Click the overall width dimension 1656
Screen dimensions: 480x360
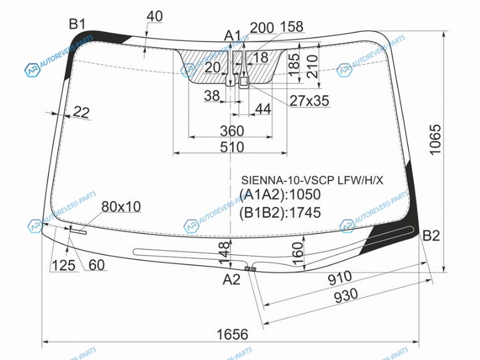point(232,334)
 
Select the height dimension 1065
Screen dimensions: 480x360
point(434,140)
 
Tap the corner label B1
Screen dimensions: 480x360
point(77,24)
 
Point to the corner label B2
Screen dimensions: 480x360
point(431,235)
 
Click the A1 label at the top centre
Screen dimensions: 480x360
point(233,36)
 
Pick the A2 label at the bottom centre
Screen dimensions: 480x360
point(232,279)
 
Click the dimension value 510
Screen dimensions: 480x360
point(232,147)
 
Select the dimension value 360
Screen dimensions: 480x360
point(232,131)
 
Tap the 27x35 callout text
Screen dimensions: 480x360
point(310,101)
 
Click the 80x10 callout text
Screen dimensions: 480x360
point(121,207)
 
